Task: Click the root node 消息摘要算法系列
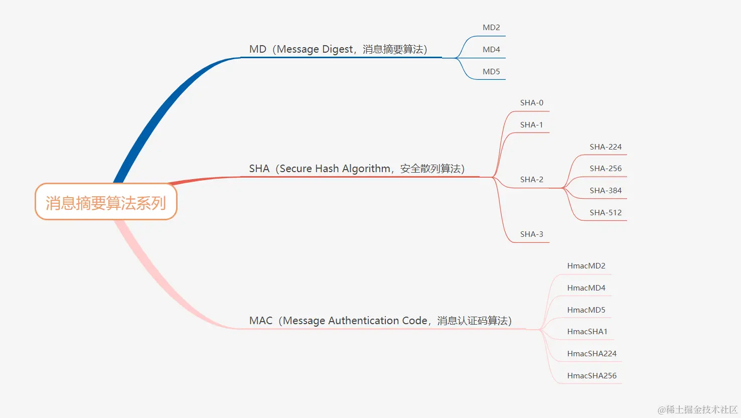[x=106, y=203]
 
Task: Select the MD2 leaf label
[x=491, y=28]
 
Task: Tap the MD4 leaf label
[x=491, y=50]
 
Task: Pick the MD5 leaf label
[x=491, y=72]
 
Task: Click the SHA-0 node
[x=531, y=103]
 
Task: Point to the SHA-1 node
[x=531, y=125]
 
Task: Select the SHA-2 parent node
[x=531, y=180]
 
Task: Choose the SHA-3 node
[x=531, y=234]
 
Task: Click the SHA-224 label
[x=606, y=147]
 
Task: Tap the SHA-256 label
[x=606, y=169]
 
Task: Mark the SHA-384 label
[x=606, y=191]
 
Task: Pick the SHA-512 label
[x=606, y=213]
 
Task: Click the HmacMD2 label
[x=586, y=266]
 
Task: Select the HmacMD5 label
[x=586, y=310]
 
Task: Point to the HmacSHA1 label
[x=587, y=332]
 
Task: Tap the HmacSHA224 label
[x=591, y=354]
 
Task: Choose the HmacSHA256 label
[x=591, y=376]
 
